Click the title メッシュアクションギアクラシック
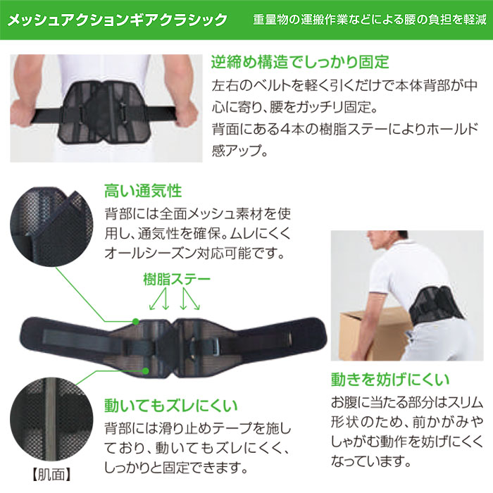(x=117, y=20)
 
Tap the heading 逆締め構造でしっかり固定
(x=300, y=62)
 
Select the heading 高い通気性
(x=143, y=191)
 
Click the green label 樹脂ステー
(x=177, y=279)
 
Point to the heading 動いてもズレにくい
(x=170, y=405)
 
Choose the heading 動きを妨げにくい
(x=390, y=379)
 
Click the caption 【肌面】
(x=51, y=475)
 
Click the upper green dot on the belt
(x=135, y=321)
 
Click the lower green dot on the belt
(x=145, y=371)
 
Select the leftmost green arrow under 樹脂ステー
(x=157, y=299)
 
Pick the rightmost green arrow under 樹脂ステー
(x=192, y=299)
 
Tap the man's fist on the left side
(x=22, y=114)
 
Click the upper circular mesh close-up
(x=51, y=227)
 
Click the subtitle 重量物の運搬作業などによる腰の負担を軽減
(x=370, y=20)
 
